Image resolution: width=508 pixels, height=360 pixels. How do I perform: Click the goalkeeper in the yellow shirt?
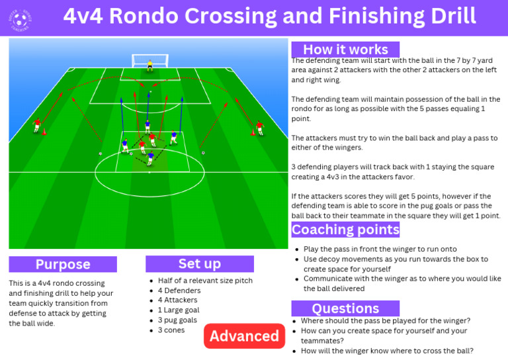(x=150, y=64)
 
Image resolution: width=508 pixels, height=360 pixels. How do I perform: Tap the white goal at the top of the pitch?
(x=150, y=60)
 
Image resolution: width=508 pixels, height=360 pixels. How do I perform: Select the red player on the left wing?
(x=37, y=124)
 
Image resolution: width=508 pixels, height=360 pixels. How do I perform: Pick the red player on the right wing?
(x=259, y=126)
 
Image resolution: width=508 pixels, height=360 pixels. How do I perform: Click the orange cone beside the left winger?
(x=45, y=132)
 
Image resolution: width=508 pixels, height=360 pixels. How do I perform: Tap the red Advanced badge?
(x=244, y=336)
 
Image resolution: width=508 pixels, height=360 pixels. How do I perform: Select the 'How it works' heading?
(x=345, y=50)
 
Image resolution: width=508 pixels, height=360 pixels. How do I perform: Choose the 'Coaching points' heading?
(x=345, y=230)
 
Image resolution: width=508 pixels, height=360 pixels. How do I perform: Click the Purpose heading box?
(x=63, y=264)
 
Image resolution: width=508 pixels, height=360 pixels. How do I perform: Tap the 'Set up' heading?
(x=199, y=263)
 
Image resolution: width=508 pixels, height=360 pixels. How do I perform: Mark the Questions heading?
(x=345, y=308)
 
